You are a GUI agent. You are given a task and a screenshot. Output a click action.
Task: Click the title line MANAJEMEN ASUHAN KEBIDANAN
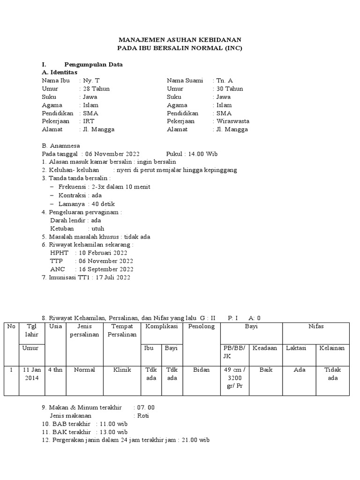click(x=180, y=40)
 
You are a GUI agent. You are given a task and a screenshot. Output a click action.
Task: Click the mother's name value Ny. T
click(x=91, y=81)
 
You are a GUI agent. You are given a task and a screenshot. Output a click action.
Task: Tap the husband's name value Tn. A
click(x=225, y=81)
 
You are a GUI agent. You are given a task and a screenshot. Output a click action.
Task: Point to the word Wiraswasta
click(x=233, y=121)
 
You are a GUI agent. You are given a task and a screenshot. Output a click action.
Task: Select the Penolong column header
click(x=202, y=326)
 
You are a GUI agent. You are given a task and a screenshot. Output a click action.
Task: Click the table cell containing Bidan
click(x=202, y=370)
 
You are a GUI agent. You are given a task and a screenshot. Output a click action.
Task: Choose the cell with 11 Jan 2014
click(x=32, y=374)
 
